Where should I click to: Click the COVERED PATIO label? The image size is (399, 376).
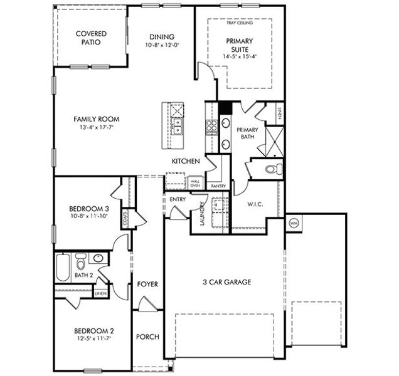(x=91, y=38)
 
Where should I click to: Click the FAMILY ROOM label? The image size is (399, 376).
(x=96, y=119)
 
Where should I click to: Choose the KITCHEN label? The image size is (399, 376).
(x=186, y=161)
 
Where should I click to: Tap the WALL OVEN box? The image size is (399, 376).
(x=195, y=183)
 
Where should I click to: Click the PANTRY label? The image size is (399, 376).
(x=218, y=186)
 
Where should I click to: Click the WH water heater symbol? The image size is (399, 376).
(x=293, y=222)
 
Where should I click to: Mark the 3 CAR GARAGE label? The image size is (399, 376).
(x=226, y=282)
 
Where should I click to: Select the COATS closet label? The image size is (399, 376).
(x=126, y=218)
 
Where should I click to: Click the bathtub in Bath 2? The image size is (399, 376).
(x=63, y=267)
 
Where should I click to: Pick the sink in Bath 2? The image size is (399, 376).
(x=98, y=258)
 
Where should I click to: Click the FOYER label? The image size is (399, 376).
(x=147, y=284)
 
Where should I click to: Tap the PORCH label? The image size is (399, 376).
(x=147, y=337)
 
